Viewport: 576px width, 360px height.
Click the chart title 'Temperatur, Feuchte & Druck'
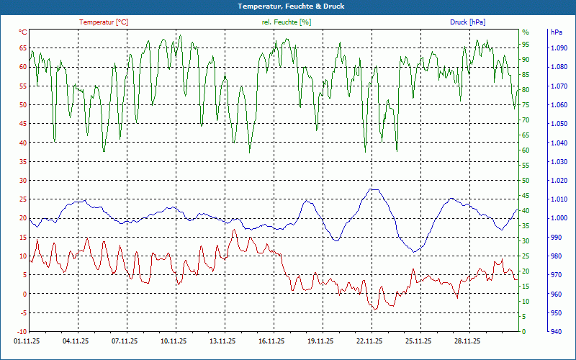tap(287, 6)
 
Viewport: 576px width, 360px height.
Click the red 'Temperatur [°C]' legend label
tap(104, 22)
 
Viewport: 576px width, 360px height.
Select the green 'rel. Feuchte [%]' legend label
tap(287, 22)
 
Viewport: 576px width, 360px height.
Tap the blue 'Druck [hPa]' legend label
tap(467, 22)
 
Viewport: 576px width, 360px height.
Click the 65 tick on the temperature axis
tap(22, 48)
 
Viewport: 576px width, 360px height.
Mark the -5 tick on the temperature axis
tap(22, 312)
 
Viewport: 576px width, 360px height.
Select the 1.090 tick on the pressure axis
tap(559, 48)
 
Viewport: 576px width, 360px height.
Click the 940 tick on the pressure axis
tap(556, 332)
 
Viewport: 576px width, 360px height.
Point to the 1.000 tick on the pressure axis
tap(559, 218)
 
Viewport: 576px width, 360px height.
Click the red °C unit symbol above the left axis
tap(22, 32)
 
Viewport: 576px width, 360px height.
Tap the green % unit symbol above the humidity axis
tap(526, 32)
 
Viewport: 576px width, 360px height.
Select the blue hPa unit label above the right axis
tap(557, 32)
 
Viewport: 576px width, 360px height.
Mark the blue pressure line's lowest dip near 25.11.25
tap(414, 251)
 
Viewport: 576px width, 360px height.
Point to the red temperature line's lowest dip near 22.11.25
tap(374, 309)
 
